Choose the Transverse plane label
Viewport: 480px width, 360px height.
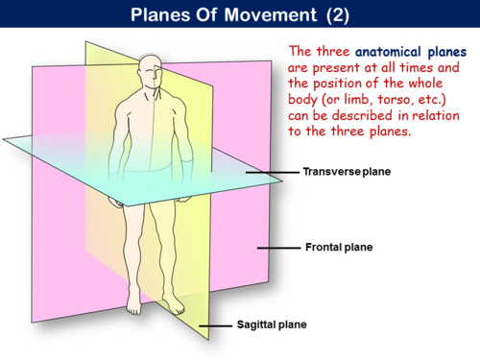(x=348, y=174)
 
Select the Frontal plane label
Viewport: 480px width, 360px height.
(x=338, y=248)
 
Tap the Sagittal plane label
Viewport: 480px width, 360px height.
(x=272, y=325)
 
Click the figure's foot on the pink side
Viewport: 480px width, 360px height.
(x=134, y=309)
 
